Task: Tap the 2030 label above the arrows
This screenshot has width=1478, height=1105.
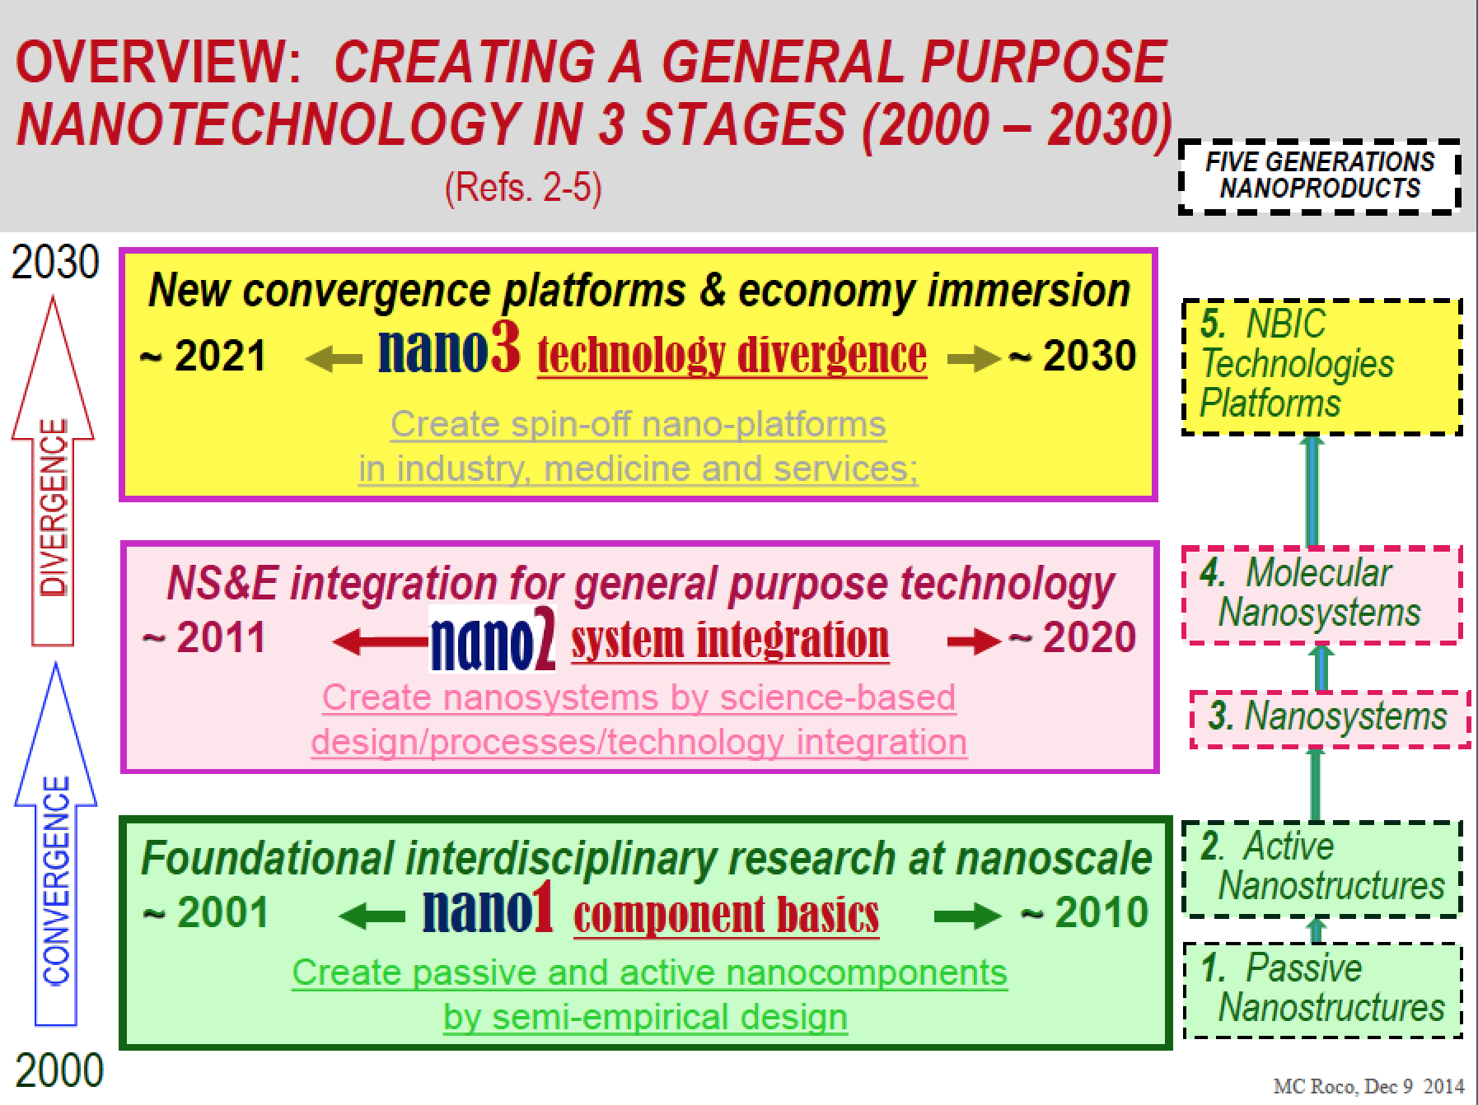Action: (x=55, y=263)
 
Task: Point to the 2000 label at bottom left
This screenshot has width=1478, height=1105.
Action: (x=59, y=1070)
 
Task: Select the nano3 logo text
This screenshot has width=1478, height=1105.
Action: (x=449, y=349)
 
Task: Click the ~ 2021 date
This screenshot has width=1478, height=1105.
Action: (x=203, y=356)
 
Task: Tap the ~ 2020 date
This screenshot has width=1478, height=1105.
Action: (x=1072, y=637)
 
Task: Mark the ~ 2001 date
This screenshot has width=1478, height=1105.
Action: (x=206, y=912)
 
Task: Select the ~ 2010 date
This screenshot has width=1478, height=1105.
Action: (x=1084, y=912)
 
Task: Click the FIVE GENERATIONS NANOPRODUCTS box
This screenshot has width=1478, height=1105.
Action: (x=1320, y=175)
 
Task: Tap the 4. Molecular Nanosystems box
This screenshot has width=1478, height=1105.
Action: (x=1321, y=594)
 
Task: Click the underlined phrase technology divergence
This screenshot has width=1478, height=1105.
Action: (x=732, y=355)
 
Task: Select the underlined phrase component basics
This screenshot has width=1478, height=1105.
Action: (x=727, y=915)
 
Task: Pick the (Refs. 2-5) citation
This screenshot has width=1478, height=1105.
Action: (x=524, y=188)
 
